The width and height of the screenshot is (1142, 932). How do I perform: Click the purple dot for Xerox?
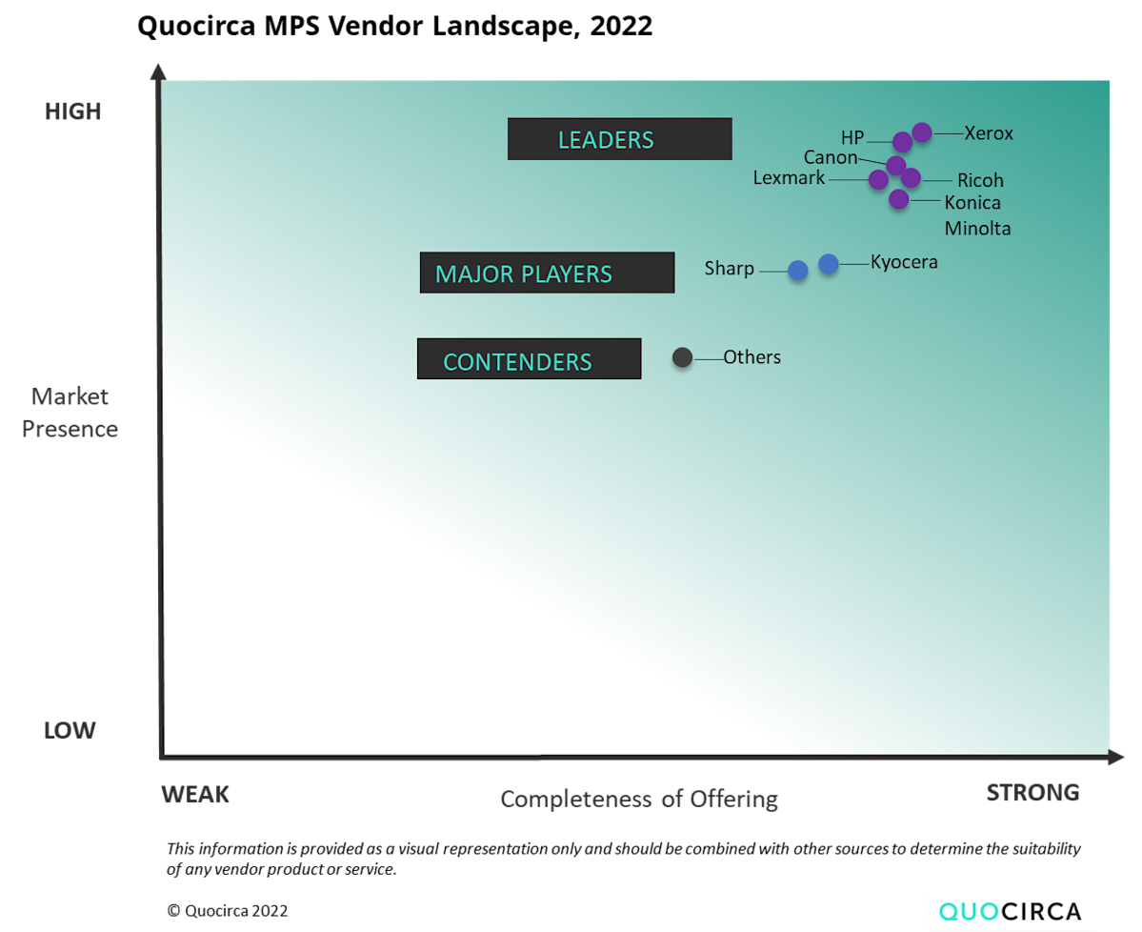(x=921, y=132)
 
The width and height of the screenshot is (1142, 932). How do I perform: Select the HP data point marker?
(x=902, y=143)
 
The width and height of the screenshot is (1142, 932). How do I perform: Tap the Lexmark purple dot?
(x=878, y=179)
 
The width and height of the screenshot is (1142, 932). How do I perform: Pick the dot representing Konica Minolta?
(x=898, y=199)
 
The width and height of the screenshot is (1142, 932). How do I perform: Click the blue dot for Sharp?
(x=798, y=271)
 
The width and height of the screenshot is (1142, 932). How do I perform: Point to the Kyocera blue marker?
(x=829, y=264)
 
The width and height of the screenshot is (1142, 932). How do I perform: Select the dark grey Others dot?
(x=682, y=357)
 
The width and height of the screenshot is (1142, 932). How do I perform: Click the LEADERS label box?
(x=619, y=139)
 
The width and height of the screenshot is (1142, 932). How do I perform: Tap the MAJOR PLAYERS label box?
(x=547, y=274)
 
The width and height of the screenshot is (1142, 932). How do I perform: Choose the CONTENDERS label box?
(x=529, y=359)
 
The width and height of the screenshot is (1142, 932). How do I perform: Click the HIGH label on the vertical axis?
(x=72, y=111)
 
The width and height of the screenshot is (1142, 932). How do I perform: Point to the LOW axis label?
(x=70, y=731)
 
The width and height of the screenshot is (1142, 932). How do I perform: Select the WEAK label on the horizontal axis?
(x=195, y=795)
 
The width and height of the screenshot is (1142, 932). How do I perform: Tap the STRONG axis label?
(x=1032, y=793)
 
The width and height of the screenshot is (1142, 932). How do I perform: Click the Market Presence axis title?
(x=70, y=413)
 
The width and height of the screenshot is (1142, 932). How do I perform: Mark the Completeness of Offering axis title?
(x=639, y=799)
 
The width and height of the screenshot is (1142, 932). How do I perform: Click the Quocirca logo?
(x=1012, y=911)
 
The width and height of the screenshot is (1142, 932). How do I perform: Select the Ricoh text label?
(x=980, y=181)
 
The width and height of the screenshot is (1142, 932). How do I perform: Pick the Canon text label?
(x=831, y=158)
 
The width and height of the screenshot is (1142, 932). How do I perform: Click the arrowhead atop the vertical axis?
(x=158, y=71)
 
